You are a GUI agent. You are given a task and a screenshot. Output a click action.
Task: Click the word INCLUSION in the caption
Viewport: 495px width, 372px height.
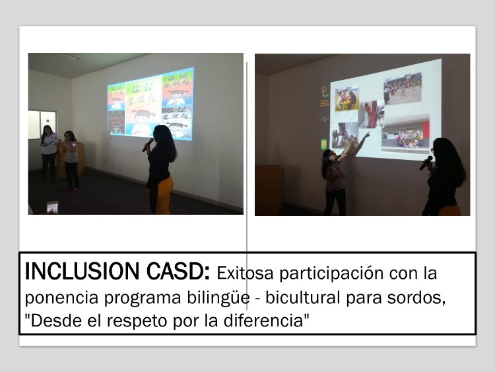[82, 271]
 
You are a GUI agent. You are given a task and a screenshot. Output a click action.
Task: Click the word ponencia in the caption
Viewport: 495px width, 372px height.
[61, 298]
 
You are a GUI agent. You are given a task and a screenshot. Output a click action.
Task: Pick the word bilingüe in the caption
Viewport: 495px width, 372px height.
[218, 298]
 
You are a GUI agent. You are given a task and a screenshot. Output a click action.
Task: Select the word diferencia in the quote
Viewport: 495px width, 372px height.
[263, 320]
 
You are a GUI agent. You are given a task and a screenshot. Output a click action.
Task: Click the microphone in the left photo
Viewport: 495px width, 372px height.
[148, 145]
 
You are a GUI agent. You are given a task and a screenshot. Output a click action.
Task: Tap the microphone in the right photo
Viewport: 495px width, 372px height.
[426, 163]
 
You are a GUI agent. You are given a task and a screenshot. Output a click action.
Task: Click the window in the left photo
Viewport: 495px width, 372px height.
[43, 124]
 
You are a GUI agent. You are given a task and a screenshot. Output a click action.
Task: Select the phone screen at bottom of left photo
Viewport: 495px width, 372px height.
[52, 207]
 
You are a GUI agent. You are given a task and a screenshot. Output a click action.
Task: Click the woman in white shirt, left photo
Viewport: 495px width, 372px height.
[49, 153]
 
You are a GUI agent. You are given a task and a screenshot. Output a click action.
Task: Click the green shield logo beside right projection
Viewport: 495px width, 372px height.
[323, 144]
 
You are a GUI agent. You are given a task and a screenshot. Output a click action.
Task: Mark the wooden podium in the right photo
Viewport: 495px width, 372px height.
[269, 190]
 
